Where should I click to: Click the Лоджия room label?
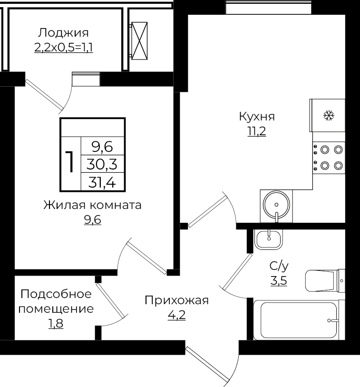[x=63, y=33]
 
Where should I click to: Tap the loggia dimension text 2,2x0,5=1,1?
[x=63, y=48]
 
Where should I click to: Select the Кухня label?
[x=256, y=117]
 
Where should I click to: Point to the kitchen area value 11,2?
[x=256, y=132]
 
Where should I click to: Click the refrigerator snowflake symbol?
[x=329, y=115]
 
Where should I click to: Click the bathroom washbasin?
[x=269, y=238]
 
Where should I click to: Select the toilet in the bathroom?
[x=323, y=281]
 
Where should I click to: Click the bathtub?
[x=297, y=320]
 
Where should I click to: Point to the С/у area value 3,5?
[x=279, y=281]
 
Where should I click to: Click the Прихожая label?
[x=176, y=300]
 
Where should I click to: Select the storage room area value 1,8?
[x=55, y=324]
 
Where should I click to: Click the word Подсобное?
[x=56, y=293]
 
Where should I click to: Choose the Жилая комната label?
[x=93, y=205]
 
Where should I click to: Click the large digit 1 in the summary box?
[x=70, y=162]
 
